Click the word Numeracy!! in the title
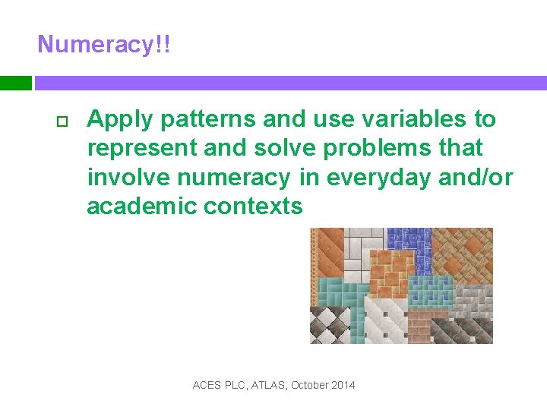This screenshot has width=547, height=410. point(104,44)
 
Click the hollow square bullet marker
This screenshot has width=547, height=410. point(62,121)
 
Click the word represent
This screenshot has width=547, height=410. point(139,148)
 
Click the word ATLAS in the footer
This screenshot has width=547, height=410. point(266,385)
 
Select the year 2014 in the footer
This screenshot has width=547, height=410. point(343,385)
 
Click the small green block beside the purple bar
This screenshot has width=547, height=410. point(15,83)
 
